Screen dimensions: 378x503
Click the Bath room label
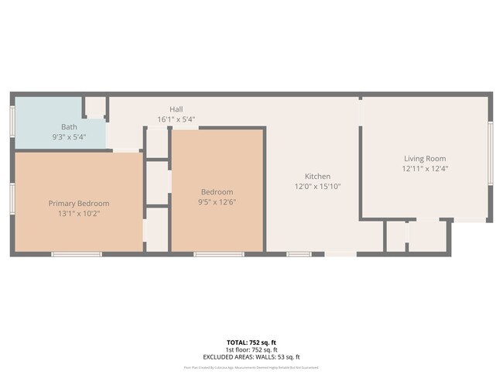70,127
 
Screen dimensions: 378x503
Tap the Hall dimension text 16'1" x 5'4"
176,120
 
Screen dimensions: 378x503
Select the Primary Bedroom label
79,203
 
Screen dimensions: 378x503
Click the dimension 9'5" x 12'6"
217,202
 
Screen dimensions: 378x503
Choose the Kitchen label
317,176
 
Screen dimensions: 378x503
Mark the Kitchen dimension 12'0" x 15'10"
317,186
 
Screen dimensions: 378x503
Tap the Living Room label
425,159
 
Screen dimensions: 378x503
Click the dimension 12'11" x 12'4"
425,169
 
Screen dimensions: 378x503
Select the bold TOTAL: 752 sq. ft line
251,342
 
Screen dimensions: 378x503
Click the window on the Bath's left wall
12,121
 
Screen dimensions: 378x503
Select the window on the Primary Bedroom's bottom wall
77,254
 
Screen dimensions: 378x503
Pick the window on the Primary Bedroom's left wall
12,198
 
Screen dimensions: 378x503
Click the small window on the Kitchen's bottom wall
299,254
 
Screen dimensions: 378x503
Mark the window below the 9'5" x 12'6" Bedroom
219,254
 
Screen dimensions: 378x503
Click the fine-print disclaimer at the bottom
251,367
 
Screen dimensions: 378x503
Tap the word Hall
176,110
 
